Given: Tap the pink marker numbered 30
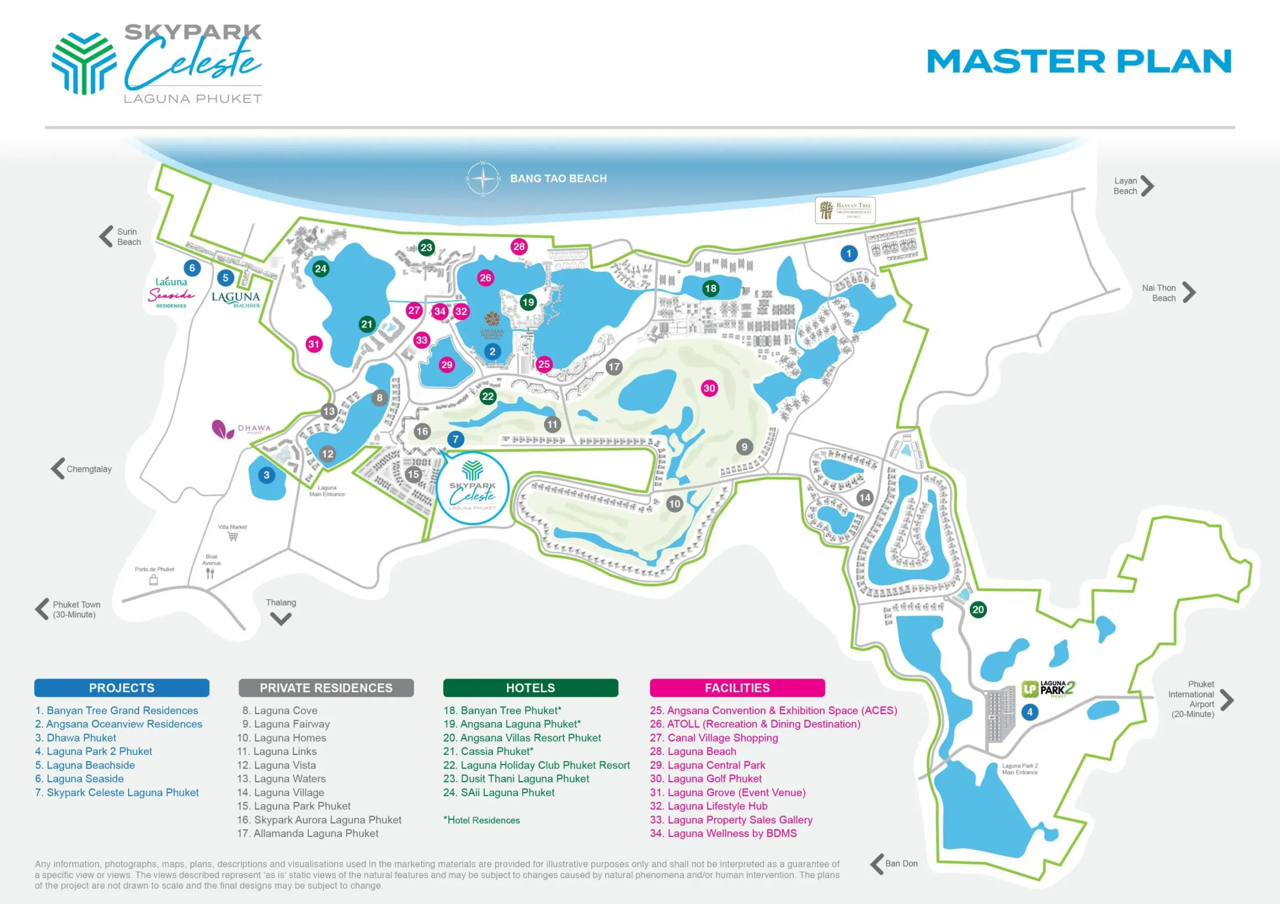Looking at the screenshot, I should coord(709,388).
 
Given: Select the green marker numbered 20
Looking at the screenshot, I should coord(978,610).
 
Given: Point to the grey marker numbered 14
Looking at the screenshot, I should coord(864,498).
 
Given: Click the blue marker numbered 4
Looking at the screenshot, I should coord(1029,712).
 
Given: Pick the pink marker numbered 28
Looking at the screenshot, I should coord(519,246).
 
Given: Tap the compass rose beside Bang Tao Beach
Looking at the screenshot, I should coord(483,179).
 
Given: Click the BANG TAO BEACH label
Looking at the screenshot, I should coord(558,179).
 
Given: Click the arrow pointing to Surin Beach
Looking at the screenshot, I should coord(106,237).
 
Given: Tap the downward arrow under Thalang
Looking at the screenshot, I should coord(280,619).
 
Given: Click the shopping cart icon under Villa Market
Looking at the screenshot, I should coord(233,537).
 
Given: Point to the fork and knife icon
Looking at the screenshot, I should coord(210,574).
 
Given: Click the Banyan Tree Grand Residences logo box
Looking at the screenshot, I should coord(845,210).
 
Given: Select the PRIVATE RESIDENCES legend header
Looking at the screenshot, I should coord(326,688).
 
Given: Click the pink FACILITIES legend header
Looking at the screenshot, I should coord(737,688).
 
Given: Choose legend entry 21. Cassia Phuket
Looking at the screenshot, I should coord(488,751).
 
